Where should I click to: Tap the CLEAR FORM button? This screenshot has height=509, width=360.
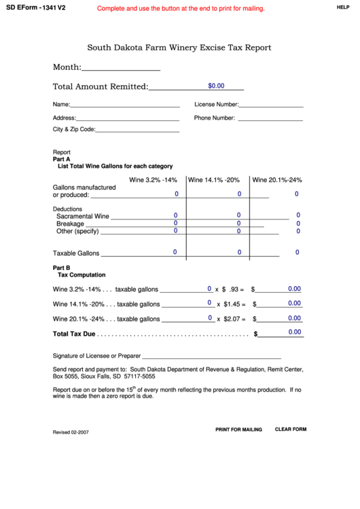tap(291, 429)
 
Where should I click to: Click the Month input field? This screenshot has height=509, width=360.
tap(121, 67)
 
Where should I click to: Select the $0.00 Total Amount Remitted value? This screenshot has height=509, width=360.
tap(216, 86)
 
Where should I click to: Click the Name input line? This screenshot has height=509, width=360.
tap(125, 105)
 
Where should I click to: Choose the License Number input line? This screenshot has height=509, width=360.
tap(270, 105)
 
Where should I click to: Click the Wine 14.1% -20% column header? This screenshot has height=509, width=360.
tap(214, 180)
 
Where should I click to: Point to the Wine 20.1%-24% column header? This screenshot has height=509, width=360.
tap(277, 180)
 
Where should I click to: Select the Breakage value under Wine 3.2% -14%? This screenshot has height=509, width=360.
tap(175, 223)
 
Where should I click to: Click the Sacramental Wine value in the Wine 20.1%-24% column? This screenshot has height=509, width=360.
tap(298, 215)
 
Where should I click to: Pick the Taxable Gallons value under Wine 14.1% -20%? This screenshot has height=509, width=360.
tap(239, 253)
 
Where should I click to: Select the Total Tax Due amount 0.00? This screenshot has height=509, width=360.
tap(294, 332)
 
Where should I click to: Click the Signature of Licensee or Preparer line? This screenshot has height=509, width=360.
tap(211, 355)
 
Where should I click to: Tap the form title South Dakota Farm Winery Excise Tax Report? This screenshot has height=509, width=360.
tap(179, 48)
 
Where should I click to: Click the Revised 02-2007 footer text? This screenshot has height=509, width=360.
tap(71, 432)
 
